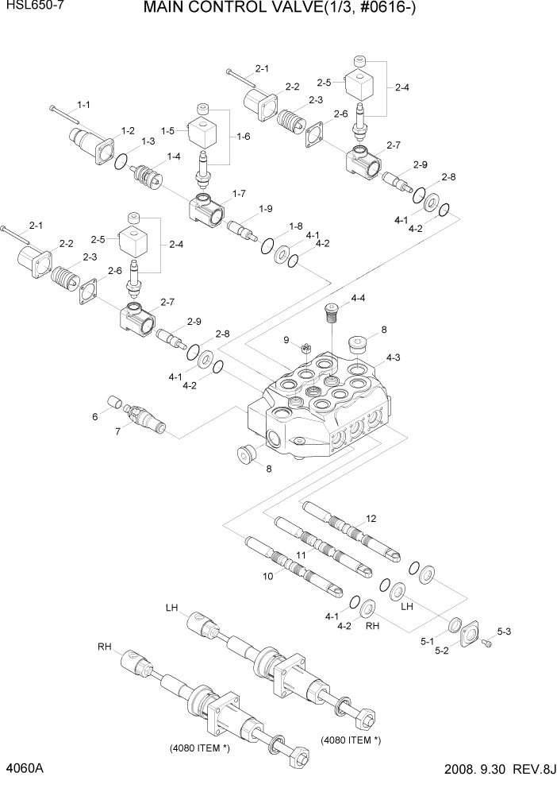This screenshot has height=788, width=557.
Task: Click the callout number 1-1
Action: [x=83, y=105]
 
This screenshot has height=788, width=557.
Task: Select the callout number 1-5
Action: [x=167, y=130]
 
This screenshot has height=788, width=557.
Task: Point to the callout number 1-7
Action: [x=239, y=194]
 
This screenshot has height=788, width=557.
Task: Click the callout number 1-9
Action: [x=265, y=209]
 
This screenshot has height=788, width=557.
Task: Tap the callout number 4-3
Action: [x=394, y=358]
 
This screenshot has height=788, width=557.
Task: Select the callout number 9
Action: [x=287, y=340]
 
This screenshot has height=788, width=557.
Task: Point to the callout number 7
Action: [x=118, y=431]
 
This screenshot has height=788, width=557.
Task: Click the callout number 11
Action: [x=301, y=554]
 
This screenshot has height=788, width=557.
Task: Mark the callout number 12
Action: [x=371, y=518]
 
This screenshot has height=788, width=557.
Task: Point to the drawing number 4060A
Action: [x=25, y=769]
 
